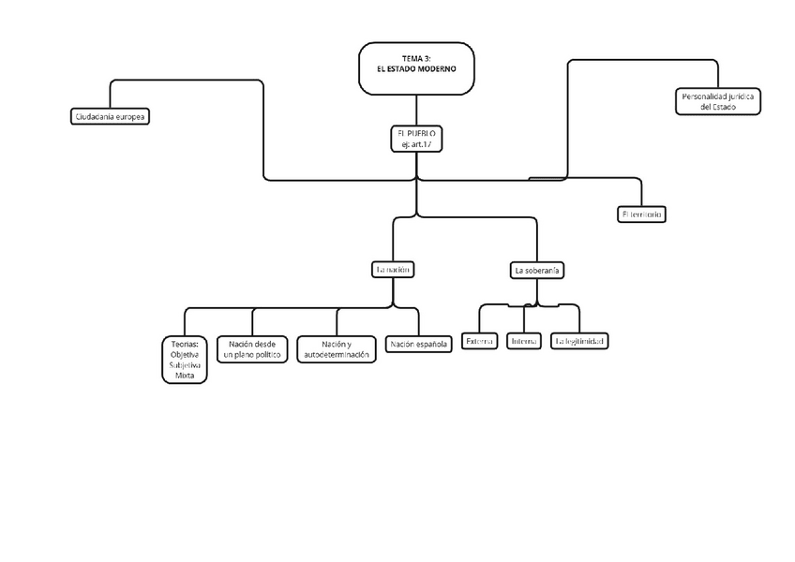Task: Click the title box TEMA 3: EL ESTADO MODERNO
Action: [416, 67]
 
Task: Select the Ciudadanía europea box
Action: [111, 117]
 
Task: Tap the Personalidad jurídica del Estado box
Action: [718, 101]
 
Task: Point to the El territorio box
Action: [642, 214]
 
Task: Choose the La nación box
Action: [394, 269]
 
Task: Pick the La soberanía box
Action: [537, 270]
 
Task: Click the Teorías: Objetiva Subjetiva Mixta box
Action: [185, 360]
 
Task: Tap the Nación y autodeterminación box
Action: [337, 349]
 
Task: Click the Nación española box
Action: [419, 345]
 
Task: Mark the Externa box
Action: [479, 342]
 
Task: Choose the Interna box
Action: [523, 342]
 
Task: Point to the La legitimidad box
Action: [580, 342]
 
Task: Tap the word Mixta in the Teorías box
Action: [185, 376]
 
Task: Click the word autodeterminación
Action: [337, 356]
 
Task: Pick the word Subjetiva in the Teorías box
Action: [185, 365]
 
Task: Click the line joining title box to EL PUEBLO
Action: [416, 110]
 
